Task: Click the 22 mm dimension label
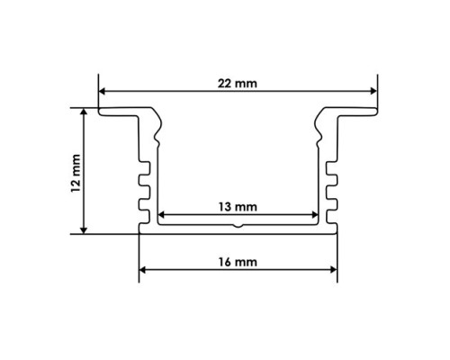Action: pyautogui.click(x=238, y=84)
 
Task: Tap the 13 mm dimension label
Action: pyautogui.click(x=238, y=207)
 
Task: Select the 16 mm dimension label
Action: pyautogui.click(x=238, y=262)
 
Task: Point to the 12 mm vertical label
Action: pyautogui.click(x=76, y=173)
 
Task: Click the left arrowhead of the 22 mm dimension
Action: pyautogui.click(x=102, y=91)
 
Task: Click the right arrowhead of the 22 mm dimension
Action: pyautogui.click(x=373, y=91)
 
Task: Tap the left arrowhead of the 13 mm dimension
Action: pyautogui.click(x=161, y=215)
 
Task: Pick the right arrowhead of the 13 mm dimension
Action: pyautogui.click(x=315, y=215)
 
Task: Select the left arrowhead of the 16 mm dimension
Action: pyautogui.click(x=142, y=270)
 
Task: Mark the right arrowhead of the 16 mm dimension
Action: pyautogui.click(x=333, y=270)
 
